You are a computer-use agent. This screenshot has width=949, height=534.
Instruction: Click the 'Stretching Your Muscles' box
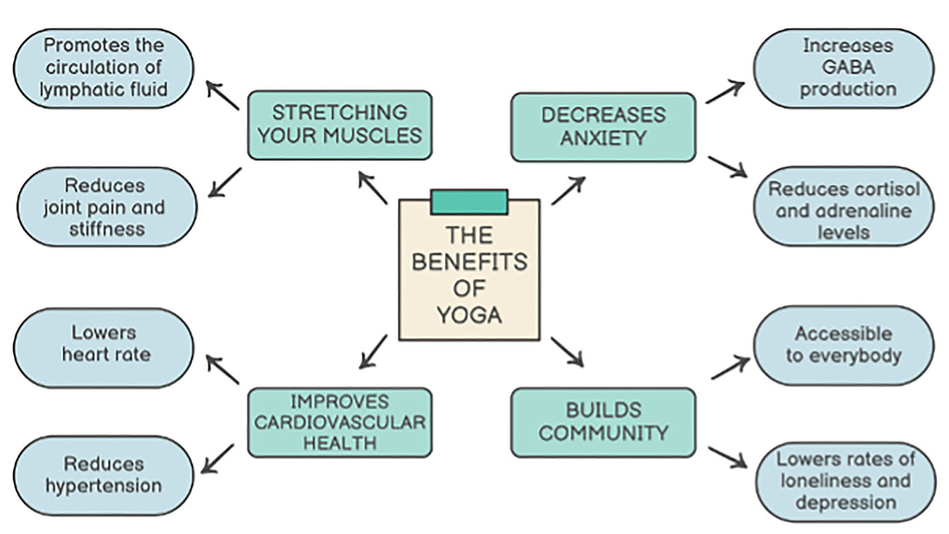pos(339,125)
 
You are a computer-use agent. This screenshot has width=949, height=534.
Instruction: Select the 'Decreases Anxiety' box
pos(602,126)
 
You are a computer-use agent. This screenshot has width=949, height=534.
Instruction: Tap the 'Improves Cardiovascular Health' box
pos(339,422)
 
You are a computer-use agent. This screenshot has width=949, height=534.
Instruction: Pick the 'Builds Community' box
pos(602,422)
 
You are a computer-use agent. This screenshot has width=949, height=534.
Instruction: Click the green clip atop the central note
pos(469,202)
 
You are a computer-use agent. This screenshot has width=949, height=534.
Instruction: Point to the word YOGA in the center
pos(469,314)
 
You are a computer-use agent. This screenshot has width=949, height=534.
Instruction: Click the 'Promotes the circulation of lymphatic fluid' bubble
pos(103,67)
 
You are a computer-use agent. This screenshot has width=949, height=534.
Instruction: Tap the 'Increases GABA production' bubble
pos(847,67)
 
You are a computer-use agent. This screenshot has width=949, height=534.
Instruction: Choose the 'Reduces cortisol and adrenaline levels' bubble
pos(843,210)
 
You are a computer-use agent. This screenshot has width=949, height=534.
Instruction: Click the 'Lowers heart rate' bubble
pos(103,344)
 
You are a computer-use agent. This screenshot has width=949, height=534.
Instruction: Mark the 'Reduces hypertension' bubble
pos(103,475)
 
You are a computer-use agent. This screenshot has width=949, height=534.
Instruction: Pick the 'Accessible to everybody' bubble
pos(843,344)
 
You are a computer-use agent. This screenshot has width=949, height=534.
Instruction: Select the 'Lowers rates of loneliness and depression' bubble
pos(845,481)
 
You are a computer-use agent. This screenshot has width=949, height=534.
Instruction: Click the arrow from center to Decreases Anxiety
pos(568,190)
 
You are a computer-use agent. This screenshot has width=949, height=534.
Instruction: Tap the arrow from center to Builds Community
pos(566,351)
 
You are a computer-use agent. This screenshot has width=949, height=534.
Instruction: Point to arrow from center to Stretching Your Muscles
pos(373,188)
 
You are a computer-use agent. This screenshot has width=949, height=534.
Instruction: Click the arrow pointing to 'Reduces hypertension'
pos(218,459)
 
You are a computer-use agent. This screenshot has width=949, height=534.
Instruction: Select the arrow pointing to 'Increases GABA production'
pos(725,92)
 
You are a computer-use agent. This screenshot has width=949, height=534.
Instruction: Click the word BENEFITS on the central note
pos(469,262)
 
